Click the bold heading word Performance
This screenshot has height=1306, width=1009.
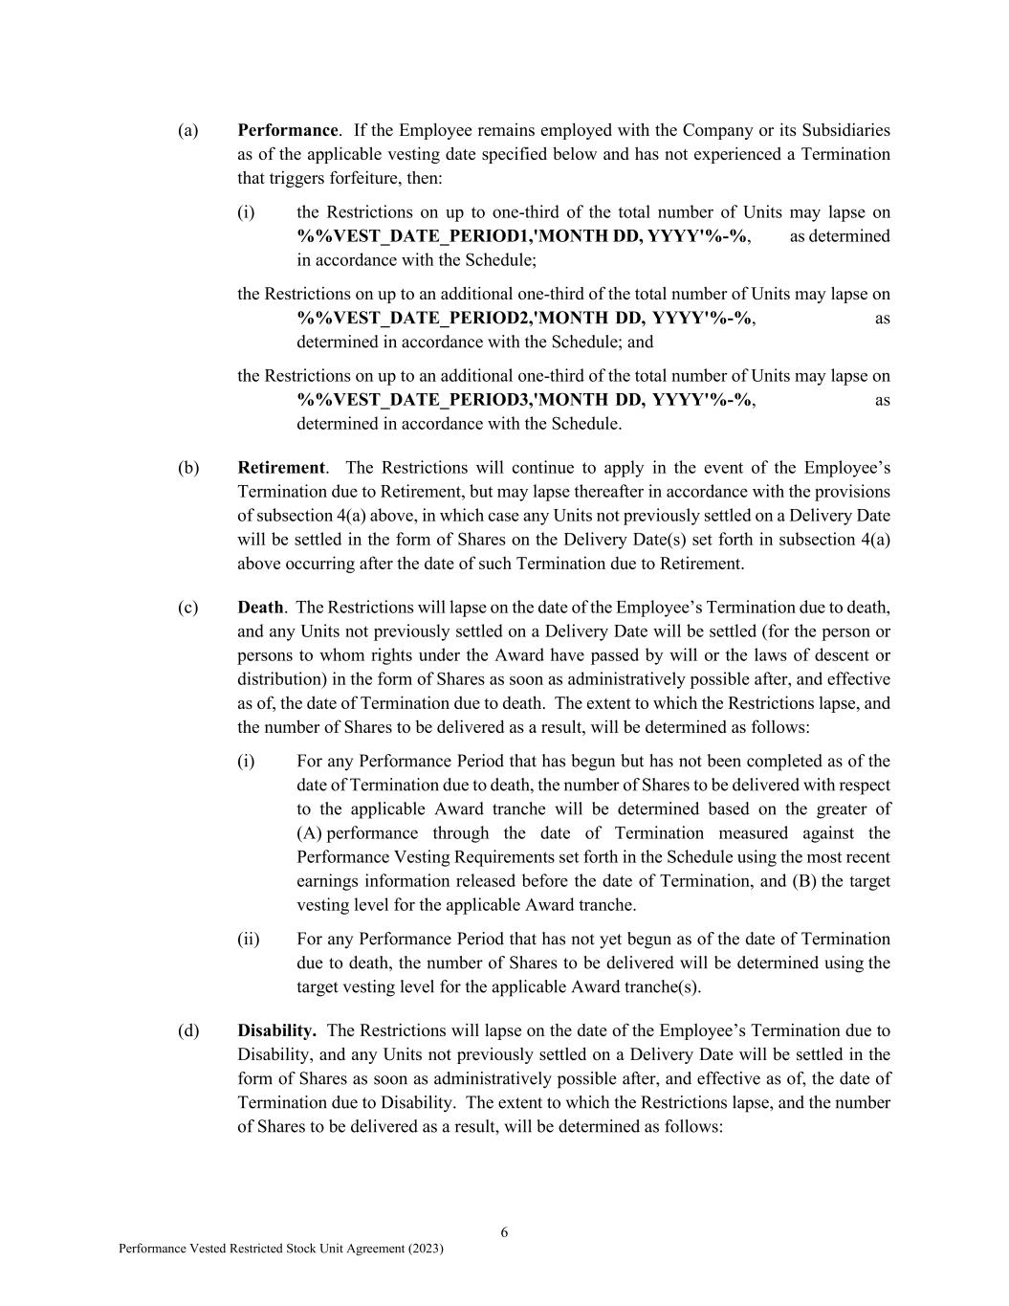[287, 130]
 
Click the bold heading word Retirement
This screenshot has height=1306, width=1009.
[281, 468]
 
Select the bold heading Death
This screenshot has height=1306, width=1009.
[260, 608]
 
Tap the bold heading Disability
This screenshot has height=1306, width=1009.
[276, 1030]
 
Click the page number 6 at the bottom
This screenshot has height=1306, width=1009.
[504, 1232]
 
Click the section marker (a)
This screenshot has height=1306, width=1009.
[188, 130]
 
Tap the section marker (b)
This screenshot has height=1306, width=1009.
[188, 468]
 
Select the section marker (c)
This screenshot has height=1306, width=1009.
[188, 608]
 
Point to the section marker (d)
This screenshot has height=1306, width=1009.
[188, 1030]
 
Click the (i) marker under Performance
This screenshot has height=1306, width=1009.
[247, 212]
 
